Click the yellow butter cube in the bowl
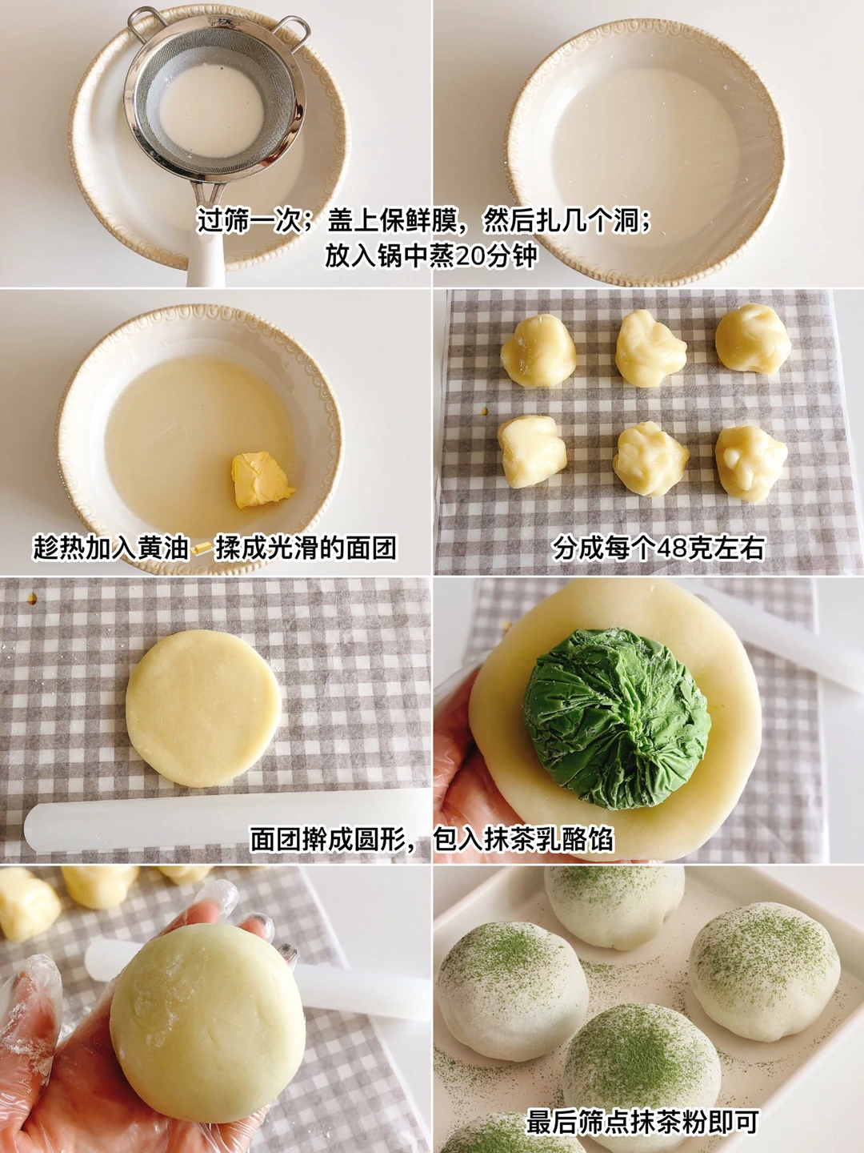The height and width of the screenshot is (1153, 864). click(262, 479)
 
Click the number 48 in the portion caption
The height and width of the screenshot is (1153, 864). click(663, 548)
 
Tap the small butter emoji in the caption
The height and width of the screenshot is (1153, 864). click(202, 548)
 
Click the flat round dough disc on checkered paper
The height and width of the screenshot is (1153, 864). click(203, 708)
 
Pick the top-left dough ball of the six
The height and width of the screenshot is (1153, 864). click(538, 350)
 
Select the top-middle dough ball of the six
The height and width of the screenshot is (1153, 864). click(650, 348)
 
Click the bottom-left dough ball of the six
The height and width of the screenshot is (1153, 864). click(533, 452)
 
